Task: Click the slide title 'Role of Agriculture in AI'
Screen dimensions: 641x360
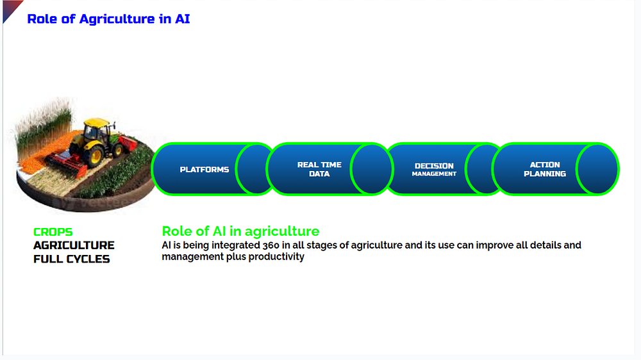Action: pyautogui.click(x=108, y=19)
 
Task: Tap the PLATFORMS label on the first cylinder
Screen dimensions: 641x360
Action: pyautogui.click(x=204, y=170)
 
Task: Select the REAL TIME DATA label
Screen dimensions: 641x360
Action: pyautogui.click(x=319, y=169)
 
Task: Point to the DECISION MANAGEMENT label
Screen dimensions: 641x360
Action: pyautogui.click(x=434, y=170)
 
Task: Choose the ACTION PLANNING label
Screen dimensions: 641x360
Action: pyautogui.click(x=545, y=169)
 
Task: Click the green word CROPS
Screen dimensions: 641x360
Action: pyautogui.click(x=53, y=232)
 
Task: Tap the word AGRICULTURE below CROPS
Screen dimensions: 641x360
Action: pyautogui.click(x=74, y=245)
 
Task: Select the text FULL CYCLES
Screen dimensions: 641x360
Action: pyautogui.click(x=72, y=259)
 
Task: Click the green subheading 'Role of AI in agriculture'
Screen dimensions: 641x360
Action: pyautogui.click(x=240, y=231)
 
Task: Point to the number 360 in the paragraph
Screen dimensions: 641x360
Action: pyautogui.click(x=271, y=245)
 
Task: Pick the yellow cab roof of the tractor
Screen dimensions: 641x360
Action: pyautogui.click(x=97, y=122)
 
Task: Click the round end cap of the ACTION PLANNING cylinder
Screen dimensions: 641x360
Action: pyautogui.click(x=597, y=169)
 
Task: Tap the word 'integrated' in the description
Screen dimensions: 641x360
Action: pyautogui.click(x=235, y=245)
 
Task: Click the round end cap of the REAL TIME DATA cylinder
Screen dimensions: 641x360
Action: pyautogui.click(x=371, y=169)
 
